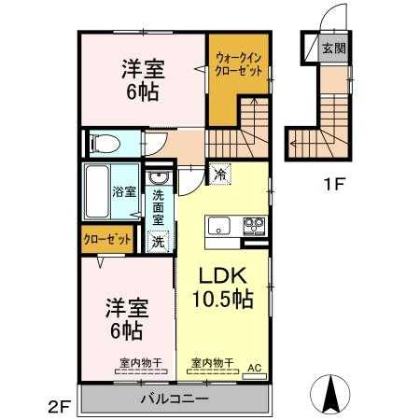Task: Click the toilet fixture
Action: coord(104,144)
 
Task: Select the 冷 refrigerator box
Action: coord(220,173)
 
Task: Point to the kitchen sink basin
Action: coord(218,226)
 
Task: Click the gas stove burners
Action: coord(253,226)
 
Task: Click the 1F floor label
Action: coord(334,184)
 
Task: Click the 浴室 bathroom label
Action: coord(123,193)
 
